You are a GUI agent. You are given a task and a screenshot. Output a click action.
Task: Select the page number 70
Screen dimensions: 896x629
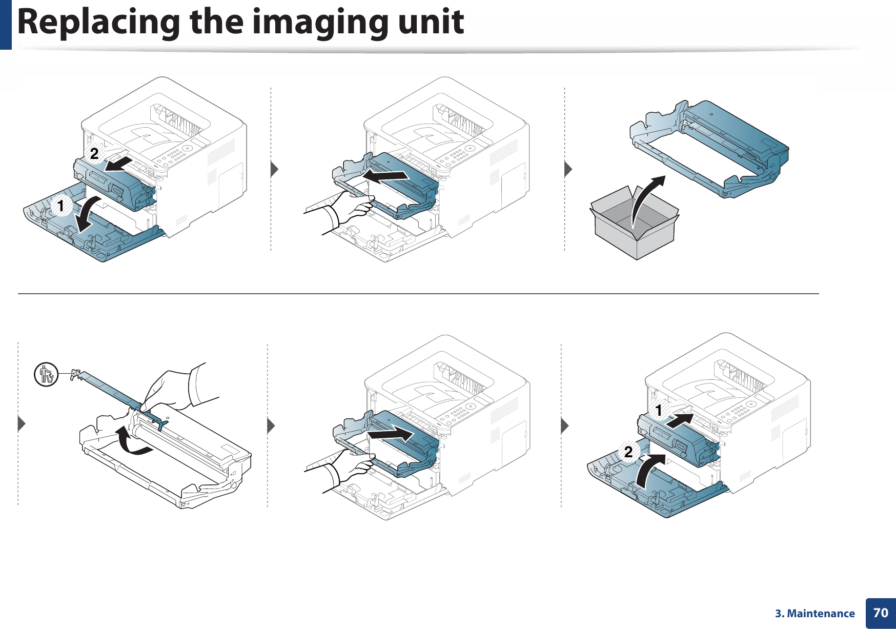click(x=880, y=613)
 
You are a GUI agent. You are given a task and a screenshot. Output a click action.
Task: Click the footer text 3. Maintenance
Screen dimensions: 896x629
click(x=814, y=614)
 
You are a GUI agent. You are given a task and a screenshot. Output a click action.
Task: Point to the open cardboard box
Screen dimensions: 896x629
click(x=635, y=226)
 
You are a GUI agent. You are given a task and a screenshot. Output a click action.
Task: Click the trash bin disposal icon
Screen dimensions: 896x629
click(x=46, y=374)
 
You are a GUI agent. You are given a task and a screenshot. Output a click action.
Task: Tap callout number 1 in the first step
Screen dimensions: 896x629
click(x=61, y=206)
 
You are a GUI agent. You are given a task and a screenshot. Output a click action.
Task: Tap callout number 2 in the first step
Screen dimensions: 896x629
click(x=94, y=153)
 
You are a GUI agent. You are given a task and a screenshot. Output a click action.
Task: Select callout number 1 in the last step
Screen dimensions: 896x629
click(x=659, y=410)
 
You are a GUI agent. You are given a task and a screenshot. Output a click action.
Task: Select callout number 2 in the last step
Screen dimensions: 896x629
click(x=628, y=452)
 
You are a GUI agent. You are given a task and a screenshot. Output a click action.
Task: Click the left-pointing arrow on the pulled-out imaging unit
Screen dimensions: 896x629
click(x=385, y=176)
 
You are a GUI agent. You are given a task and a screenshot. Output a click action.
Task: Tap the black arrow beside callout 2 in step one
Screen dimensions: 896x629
click(x=119, y=164)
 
